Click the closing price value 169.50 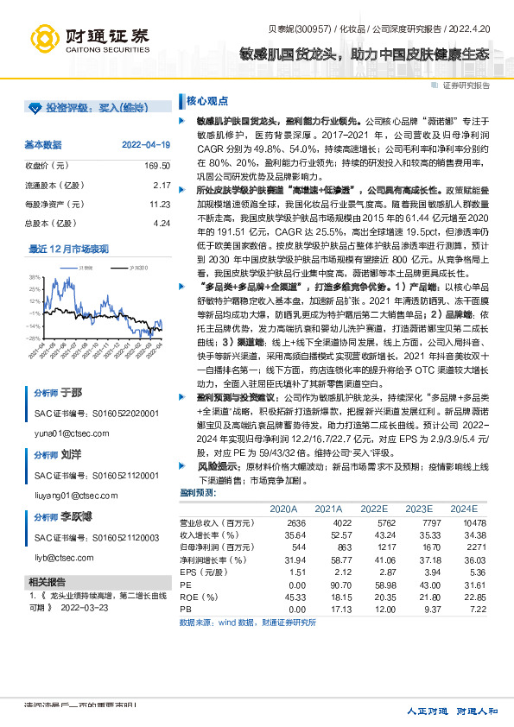pyautogui.click(x=157, y=165)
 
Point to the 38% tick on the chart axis pyautogui.click(x=34, y=277)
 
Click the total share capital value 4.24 pyautogui.click(x=162, y=224)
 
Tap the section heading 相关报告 pyautogui.click(x=48, y=581)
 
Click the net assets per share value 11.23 pyautogui.click(x=159, y=205)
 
